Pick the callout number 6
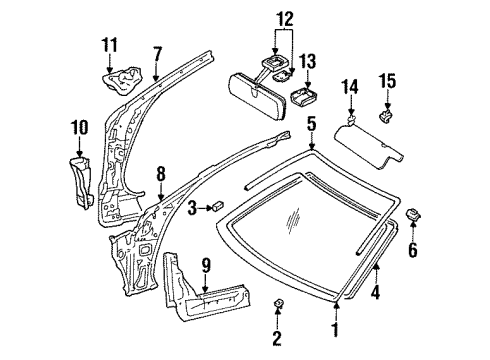[x=412, y=249]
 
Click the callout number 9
[x=206, y=267]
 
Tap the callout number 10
[x=79, y=128]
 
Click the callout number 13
[x=307, y=63]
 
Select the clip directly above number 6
[x=410, y=214]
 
